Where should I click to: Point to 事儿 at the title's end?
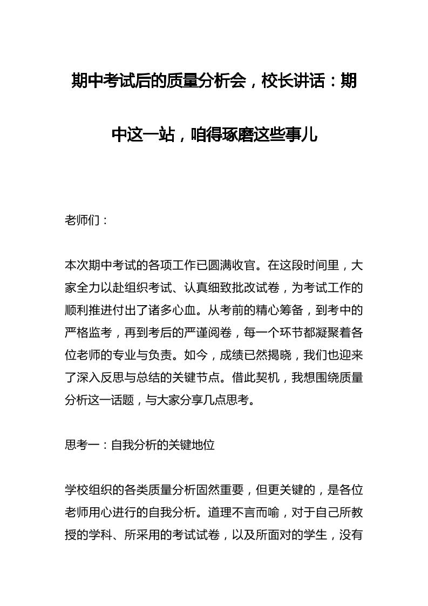[x=303, y=134]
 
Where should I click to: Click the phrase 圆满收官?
[x=235, y=265]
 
